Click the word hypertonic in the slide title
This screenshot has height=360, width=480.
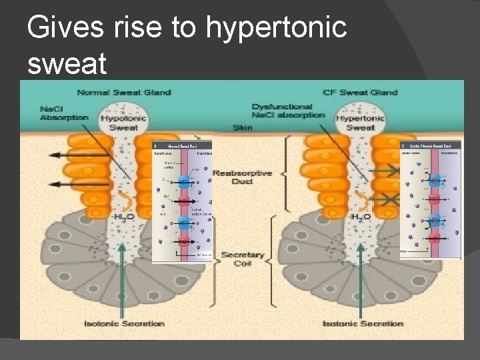pos(276,28)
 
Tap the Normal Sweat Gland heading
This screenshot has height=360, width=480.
pos(124,93)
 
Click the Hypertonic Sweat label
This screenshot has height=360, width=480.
pos(361,122)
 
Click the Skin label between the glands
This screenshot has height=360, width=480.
pos(242,127)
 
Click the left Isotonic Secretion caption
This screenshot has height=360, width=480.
pos(124,323)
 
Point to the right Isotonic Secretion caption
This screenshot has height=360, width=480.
pos(363,323)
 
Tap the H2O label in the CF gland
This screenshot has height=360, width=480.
pos(361,218)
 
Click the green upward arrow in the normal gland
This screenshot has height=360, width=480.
pos(123,280)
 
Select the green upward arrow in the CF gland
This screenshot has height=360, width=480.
pos(360,280)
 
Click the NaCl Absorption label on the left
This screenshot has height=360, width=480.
pos(63,113)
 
